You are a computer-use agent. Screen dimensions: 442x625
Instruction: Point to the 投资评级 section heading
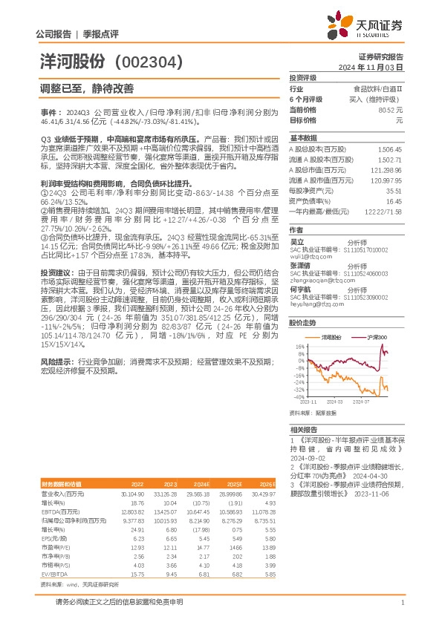coord(303,77)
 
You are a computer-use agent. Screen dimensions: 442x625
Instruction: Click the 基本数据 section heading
coord(303,138)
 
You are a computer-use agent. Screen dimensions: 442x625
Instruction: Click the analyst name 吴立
coord(296,240)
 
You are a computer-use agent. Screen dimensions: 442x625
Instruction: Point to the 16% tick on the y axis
coord(299,347)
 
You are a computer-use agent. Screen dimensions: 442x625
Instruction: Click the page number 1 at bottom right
coord(402,602)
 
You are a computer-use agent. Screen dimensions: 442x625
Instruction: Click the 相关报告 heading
coord(303,430)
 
